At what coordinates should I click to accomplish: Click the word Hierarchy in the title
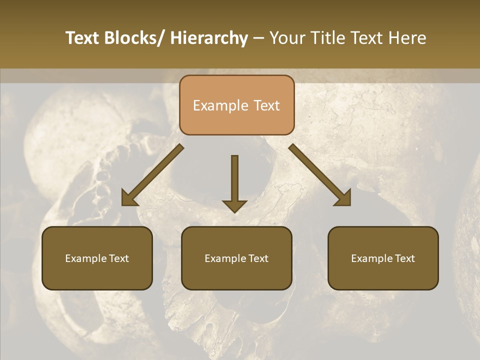pyautogui.click(x=209, y=38)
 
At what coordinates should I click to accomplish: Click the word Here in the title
pyautogui.click(x=407, y=38)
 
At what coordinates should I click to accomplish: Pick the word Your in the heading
pyautogui.click(x=287, y=38)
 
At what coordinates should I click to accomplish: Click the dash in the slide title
pyautogui.click(x=258, y=38)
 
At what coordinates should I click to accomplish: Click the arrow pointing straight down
pyautogui.click(x=234, y=182)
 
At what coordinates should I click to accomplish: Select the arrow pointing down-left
pyautogui.click(x=152, y=175)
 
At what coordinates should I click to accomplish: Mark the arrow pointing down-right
pyautogui.click(x=320, y=175)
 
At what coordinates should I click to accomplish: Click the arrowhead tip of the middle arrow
pyautogui.click(x=234, y=212)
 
